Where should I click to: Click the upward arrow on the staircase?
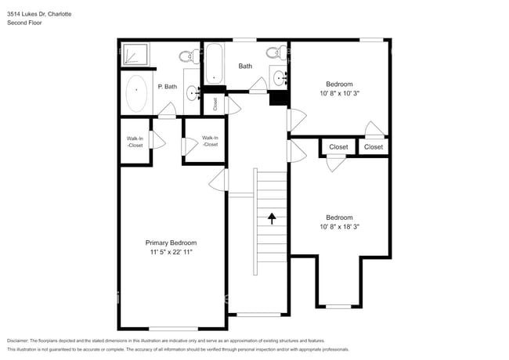272,218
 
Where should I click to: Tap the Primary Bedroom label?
171,243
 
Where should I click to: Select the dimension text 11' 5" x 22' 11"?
171,253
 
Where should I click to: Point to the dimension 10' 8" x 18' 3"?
339,227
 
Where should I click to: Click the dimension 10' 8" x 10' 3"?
339,93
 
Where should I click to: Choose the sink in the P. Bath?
193,94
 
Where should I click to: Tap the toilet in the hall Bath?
274,53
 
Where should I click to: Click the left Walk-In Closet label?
135,142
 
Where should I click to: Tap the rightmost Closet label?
374,146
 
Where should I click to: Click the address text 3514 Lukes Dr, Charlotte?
40,13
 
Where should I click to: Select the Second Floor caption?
24,23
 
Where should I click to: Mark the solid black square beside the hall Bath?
277,98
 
